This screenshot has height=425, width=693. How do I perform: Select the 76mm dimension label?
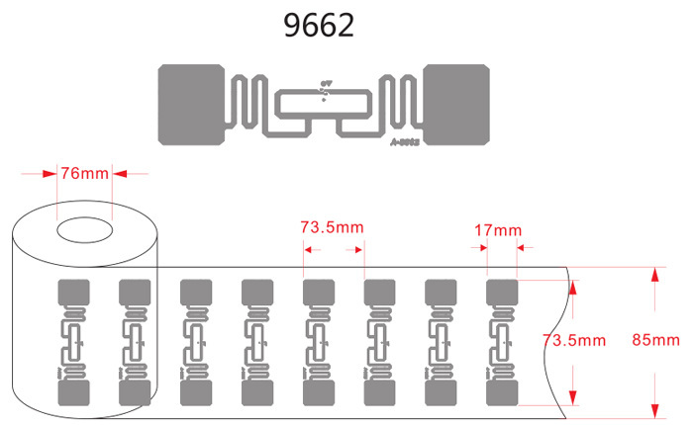pos(85,174)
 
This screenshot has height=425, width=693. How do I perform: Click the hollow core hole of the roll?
pos(85,230)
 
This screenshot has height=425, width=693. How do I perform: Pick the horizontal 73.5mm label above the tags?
pos(333,227)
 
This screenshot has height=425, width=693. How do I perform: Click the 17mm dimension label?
pos(497,230)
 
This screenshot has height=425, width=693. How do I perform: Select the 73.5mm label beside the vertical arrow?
pos(574,340)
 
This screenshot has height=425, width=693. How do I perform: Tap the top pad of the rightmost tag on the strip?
pos(502,294)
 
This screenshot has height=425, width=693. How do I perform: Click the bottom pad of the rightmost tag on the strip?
pos(502,392)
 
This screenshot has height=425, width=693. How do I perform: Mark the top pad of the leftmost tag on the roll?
pos(73,294)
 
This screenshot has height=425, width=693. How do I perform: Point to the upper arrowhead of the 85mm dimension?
pos(653,275)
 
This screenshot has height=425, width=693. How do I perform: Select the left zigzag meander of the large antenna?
pos(245,103)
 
